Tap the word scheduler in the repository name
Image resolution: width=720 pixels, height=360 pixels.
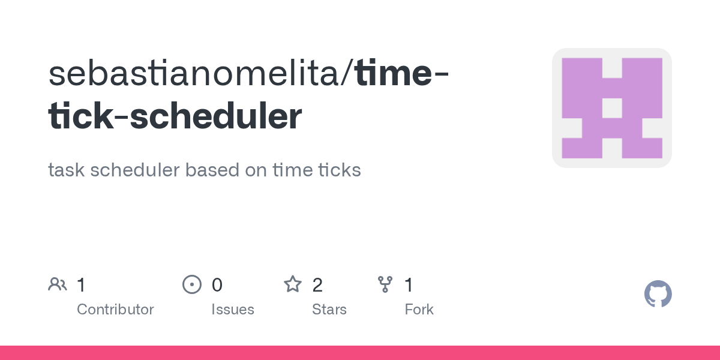(216, 117)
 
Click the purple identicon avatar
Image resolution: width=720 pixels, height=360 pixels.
(611, 108)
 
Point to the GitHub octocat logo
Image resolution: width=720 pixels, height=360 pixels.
(658, 295)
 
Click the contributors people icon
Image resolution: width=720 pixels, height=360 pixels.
(58, 284)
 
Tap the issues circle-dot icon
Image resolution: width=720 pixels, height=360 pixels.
(191, 284)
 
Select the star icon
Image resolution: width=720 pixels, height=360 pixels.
(292, 284)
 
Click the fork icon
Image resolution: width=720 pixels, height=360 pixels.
(385, 284)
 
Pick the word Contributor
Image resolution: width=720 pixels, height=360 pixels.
(115, 310)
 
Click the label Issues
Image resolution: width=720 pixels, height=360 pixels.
(233, 310)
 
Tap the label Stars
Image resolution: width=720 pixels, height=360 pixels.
(329, 310)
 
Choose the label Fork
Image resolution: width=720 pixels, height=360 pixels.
(419, 310)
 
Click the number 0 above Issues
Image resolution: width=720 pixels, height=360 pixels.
(217, 285)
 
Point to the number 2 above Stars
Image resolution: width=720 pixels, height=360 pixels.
(317, 285)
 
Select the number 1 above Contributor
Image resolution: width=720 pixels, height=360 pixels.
(81, 285)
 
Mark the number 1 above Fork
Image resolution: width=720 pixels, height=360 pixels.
(409, 285)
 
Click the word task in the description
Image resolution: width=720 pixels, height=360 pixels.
(66, 170)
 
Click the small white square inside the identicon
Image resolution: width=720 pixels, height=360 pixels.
(611, 108)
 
